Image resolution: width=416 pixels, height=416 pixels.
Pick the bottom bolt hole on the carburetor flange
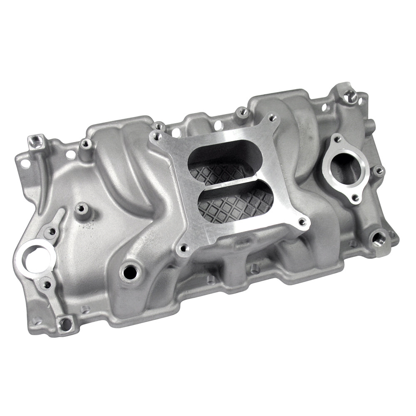point(182,249)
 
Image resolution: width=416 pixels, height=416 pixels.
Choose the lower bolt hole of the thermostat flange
point(354,198)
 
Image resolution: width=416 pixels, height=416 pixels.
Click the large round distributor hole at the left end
point(35,258)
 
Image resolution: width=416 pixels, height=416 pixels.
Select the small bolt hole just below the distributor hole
point(47,285)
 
